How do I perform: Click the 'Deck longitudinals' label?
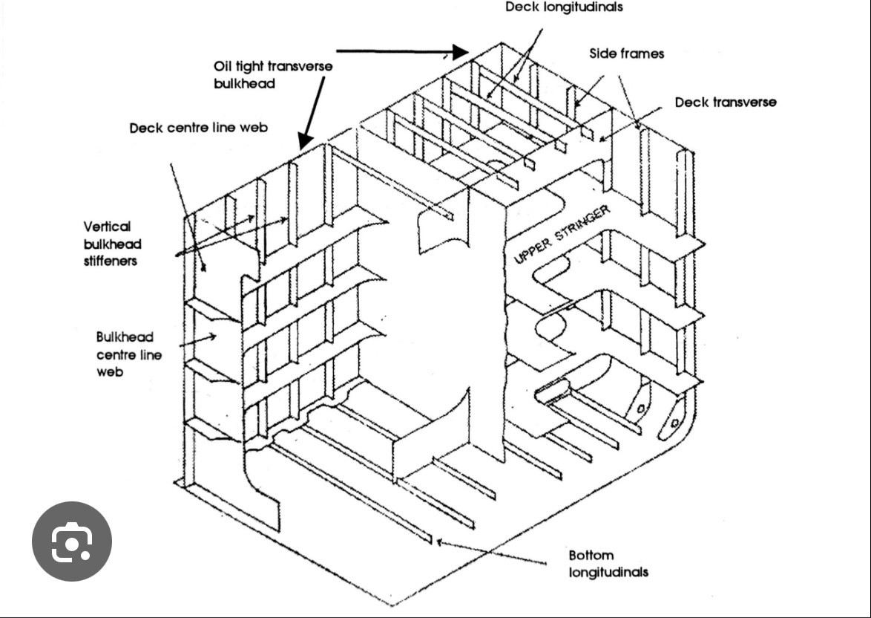click(564, 7)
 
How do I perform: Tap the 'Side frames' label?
click(627, 53)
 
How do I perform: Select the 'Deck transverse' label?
click(726, 102)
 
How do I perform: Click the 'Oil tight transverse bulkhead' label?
click(273, 74)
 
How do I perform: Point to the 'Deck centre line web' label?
click(198, 127)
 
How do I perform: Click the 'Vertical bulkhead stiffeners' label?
click(113, 244)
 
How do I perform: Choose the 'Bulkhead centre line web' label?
click(129, 354)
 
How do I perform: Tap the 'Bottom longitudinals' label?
click(608, 564)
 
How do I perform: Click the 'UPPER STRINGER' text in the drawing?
click(562, 234)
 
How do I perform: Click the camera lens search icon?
click(72, 541)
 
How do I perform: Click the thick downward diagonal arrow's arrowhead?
click(305, 140)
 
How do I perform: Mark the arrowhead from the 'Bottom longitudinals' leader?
click(439, 541)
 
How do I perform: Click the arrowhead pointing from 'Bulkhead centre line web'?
click(211, 336)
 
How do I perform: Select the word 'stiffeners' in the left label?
click(111, 261)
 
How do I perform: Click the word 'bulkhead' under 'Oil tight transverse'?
click(244, 83)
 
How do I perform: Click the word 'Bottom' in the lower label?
click(591, 555)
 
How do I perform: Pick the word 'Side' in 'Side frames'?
click(602, 53)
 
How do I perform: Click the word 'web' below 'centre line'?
click(109, 371)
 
